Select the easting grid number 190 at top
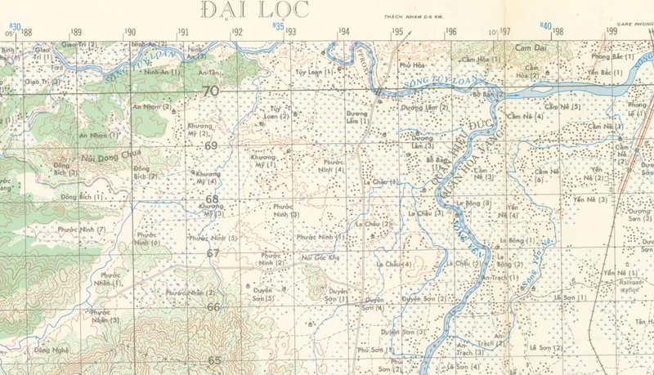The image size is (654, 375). (130, 32)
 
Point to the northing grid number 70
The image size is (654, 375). (211, 92)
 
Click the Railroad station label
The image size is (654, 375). (630, 285)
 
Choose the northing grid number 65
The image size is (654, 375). (214, 359)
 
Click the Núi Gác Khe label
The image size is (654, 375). (320, 257)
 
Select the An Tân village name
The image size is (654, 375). (208, 73)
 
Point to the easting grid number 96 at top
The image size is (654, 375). (450, 32)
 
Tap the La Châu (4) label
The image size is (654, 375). (393, 265)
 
